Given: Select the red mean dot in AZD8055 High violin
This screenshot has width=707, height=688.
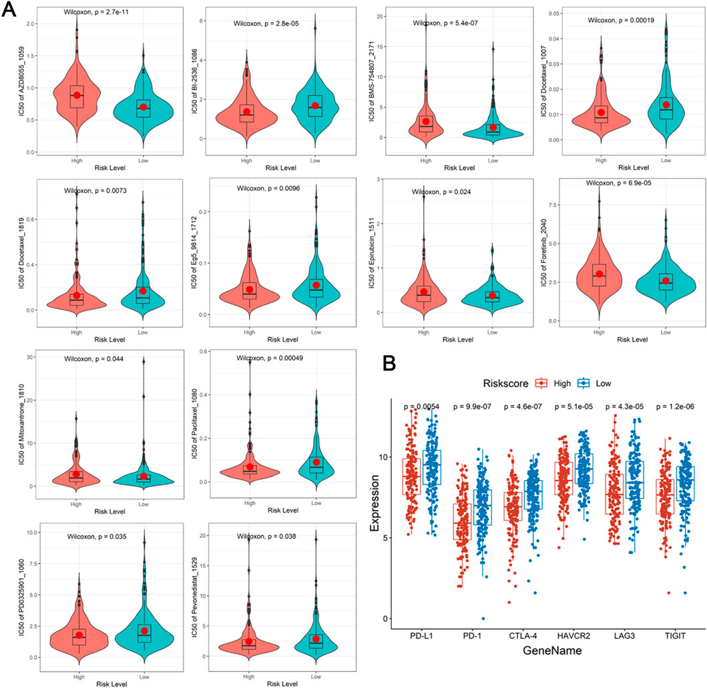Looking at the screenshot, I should point(77,95).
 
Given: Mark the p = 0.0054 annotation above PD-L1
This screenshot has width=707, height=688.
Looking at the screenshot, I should point(419,406).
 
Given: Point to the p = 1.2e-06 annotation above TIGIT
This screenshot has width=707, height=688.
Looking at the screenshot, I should point(676,406).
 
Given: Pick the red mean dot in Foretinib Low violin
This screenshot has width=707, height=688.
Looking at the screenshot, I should point(665,281).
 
